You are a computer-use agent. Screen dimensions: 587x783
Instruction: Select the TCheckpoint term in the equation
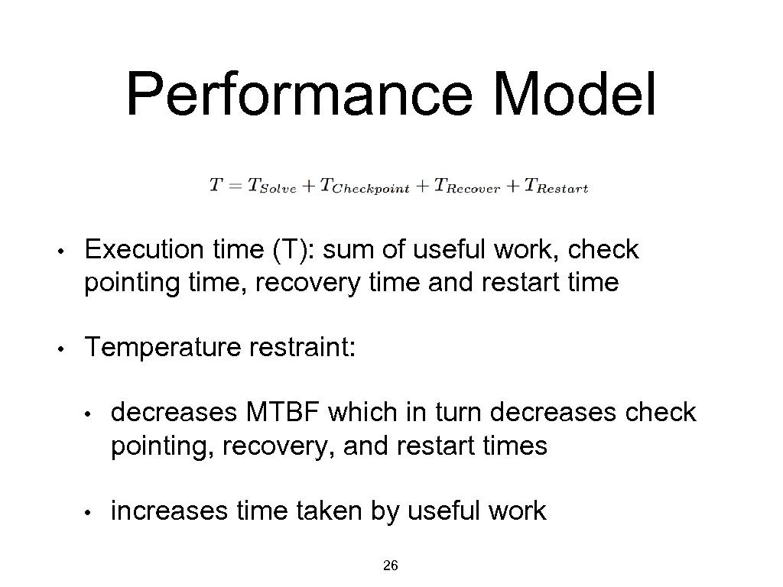click(x=366, y=186)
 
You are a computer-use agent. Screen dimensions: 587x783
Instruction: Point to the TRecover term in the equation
click(x=467, y=186)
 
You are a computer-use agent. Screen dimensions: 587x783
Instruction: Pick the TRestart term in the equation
click(x=556, y=186)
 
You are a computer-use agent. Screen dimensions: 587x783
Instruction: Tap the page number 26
click(x=390, y=566)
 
